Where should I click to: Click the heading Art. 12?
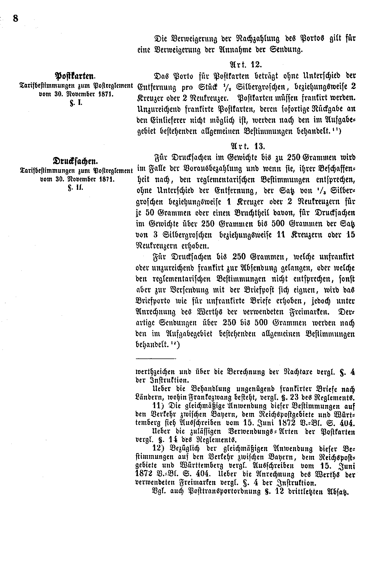(x=246, y=65)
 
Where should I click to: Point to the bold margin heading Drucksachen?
(x=75, y=161)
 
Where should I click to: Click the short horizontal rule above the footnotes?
(x=156, y=358)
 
